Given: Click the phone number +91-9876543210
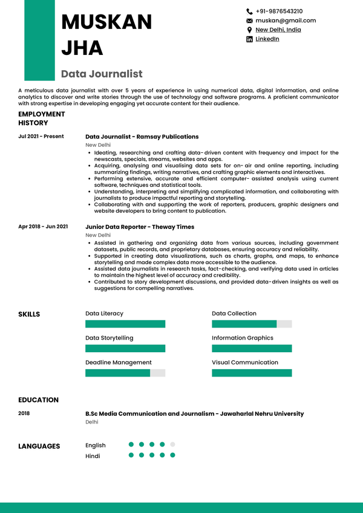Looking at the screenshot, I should (279, 11).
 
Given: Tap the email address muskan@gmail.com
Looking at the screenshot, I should (286, 21).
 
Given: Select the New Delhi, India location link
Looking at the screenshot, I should (278, 30).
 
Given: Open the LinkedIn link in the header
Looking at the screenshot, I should (267, 39).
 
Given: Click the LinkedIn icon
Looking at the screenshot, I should (249, 39).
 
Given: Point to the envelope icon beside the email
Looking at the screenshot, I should (249, 21).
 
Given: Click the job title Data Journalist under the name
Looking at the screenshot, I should (102, 74).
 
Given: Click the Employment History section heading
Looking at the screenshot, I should (41, 118).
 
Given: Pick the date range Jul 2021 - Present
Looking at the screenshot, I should (41, 137).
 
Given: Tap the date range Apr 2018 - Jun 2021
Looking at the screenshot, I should (43, 227).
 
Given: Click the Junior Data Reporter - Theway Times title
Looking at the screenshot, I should (140, 227).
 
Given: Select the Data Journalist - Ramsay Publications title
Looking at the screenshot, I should (142, 137).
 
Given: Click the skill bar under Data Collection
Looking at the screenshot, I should (251, 324).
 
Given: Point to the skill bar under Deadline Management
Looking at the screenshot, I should (125, 373).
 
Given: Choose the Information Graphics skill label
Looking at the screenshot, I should (242, 338).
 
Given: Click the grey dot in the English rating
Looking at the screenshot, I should (172, 445).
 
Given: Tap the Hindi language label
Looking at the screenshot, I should (93, 456).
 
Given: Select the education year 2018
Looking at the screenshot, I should (24, 413).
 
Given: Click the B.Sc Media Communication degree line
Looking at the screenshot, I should (194, 414).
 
